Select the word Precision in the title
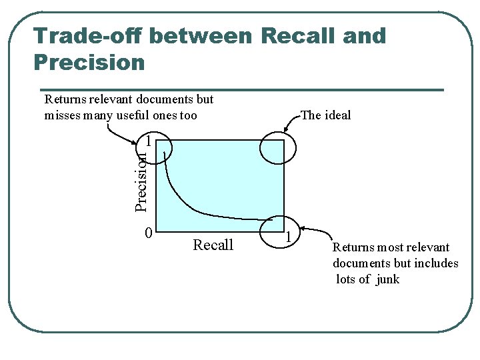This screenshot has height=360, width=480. pos(88,63)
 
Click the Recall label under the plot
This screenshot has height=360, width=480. pos(213,245)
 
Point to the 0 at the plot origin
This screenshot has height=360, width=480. pos(149,233)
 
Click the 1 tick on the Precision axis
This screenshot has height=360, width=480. pos(149,141)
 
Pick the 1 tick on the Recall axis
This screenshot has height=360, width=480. pos(288,235)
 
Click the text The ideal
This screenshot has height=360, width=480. pos(326,115)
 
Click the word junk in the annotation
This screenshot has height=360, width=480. pos(387,279)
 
